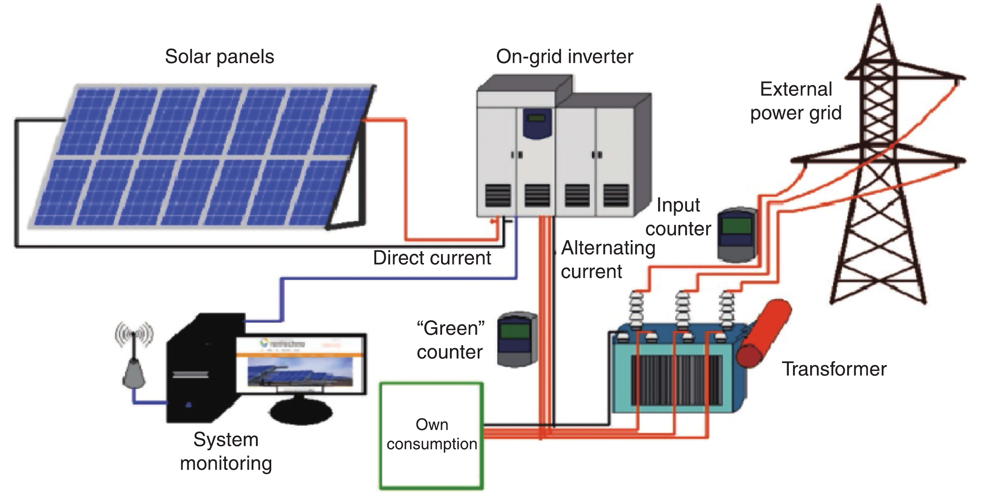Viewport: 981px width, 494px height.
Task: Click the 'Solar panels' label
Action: click(x=219, y=57)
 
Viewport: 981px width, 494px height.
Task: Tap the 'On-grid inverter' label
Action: click(x=565, y=57)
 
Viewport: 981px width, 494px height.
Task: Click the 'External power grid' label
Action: click(x=796, y=101)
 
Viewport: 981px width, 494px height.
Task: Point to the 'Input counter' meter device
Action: click(x=736, y=234)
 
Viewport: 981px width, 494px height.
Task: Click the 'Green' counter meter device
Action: click(x=517, y=339)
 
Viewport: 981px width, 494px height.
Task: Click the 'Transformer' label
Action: click(x=834, y=369)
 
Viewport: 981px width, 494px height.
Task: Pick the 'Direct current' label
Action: click(x=432, y=258)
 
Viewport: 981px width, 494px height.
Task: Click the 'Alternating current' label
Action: click(x=608, y=259)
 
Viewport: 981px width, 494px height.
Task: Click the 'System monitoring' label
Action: click(x=226, y=451)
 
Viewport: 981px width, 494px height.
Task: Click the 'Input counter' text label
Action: click(x=678, y=217)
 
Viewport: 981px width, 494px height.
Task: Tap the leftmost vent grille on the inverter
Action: click(x=498, y=195)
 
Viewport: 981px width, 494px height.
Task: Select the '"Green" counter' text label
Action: click(x=450, y=340)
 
